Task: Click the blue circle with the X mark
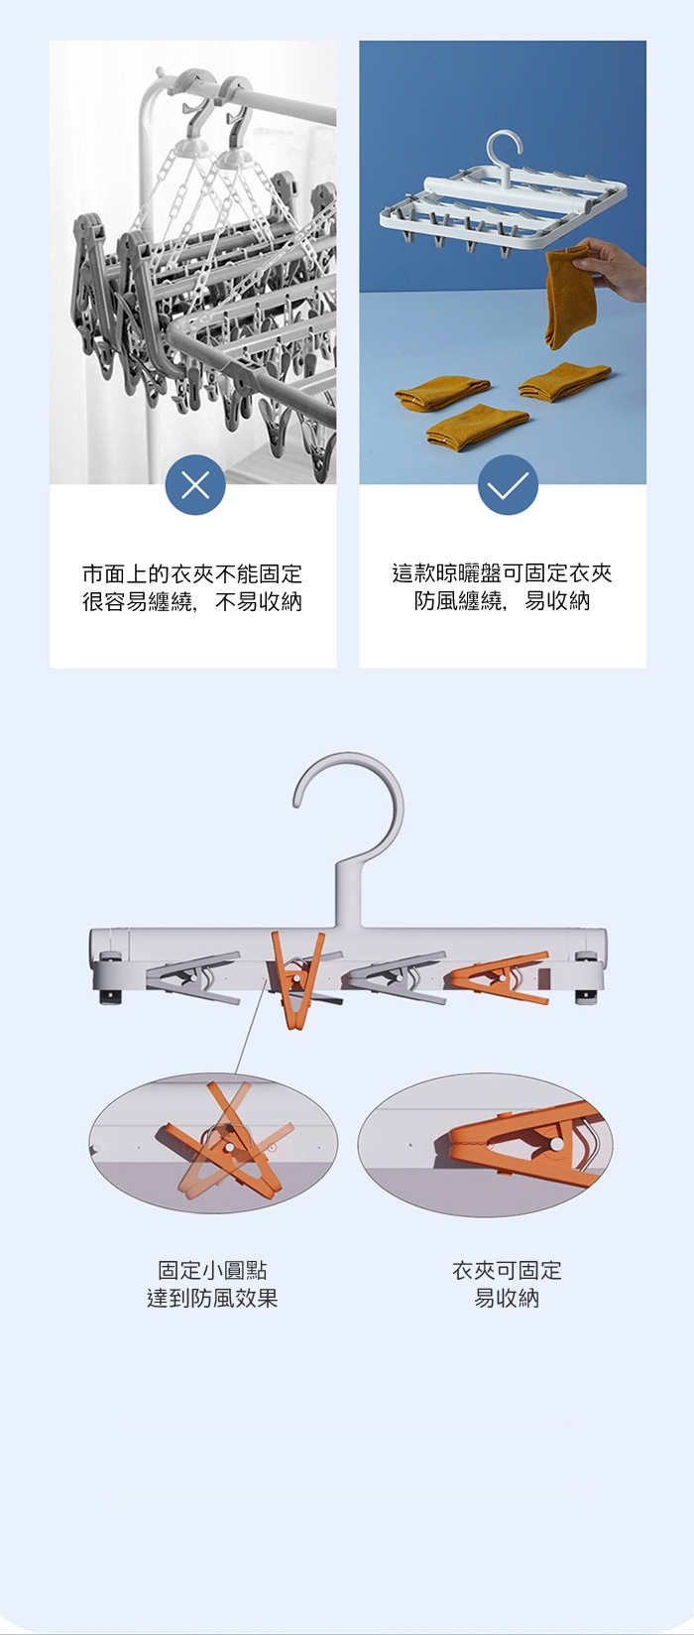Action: pos(195,485)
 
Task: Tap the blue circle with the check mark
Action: pos(508,485)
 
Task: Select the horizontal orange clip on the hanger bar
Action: pos(500,977)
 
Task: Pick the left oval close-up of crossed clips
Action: pos(213,1143)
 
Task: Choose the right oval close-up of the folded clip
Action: pos(485,1144)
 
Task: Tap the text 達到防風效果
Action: pos(212,1299)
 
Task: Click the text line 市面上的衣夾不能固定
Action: pos(192,573)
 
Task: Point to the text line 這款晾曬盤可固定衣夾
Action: pos(502,573)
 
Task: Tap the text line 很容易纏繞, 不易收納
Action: pos(192,601)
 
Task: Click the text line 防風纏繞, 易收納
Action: pos(502,601)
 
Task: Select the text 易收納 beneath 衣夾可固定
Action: pos(508,1299)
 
